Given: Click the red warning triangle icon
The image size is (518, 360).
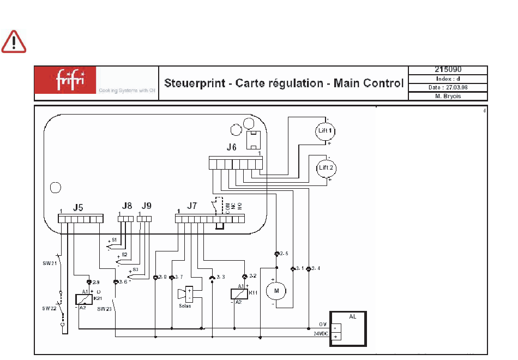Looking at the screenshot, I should pos(14,42).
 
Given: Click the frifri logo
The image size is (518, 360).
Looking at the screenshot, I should pos(65,80).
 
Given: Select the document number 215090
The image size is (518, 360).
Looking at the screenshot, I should pos(448,70).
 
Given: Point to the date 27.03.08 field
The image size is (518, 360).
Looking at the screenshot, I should pos(448,87).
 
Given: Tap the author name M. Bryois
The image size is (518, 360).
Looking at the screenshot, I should pos(448,97).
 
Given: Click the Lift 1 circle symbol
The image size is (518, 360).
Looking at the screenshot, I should pos(326,131).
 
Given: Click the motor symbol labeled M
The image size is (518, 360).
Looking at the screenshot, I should pos(276,291).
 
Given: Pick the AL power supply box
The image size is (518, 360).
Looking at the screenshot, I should pos(347,329).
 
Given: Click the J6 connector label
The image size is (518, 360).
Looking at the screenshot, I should pos(232,148).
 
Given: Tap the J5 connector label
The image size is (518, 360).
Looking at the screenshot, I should pos(78,207).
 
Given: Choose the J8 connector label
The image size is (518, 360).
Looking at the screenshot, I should pos(127,206).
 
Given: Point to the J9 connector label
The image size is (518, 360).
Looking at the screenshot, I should pos(146,206).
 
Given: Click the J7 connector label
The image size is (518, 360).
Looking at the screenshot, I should pos(192,206).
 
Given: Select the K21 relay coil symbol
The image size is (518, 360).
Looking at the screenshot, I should pos(82,299).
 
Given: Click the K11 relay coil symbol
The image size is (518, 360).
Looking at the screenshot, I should pos(239,293).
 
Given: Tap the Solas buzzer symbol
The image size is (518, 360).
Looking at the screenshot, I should pos(185,295).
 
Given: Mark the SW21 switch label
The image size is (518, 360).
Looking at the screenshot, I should pos(49,263).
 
